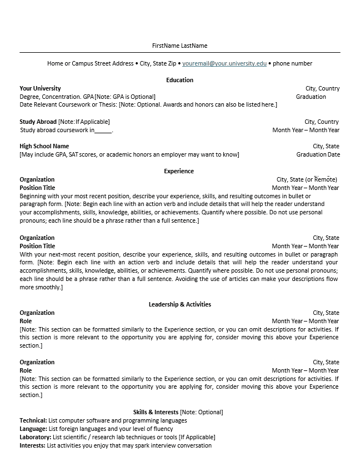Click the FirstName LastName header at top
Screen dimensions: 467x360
pos(179,46)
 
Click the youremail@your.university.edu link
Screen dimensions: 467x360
pos(224,63)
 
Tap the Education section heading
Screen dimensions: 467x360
pos(179,80)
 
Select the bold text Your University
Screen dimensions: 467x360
pos(40,88)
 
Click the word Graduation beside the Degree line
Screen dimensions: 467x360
pos(311,97)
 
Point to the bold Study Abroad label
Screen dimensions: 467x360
pos(38,122)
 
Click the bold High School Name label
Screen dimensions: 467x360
pos(44,146)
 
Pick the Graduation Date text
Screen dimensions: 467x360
pos(318,154)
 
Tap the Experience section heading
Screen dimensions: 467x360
pos(179,171)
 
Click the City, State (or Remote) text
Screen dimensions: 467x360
pos(307,179)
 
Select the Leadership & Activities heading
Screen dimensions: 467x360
pos(179,304)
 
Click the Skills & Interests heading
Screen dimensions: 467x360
pos(156,412)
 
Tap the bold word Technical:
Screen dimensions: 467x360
pos(33,420)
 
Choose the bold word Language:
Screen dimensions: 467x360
pos(33,429)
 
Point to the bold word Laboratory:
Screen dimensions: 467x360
pos(35,437)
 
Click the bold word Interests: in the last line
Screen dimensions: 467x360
pos(33,445)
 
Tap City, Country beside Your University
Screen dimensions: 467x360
pos(322,88)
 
